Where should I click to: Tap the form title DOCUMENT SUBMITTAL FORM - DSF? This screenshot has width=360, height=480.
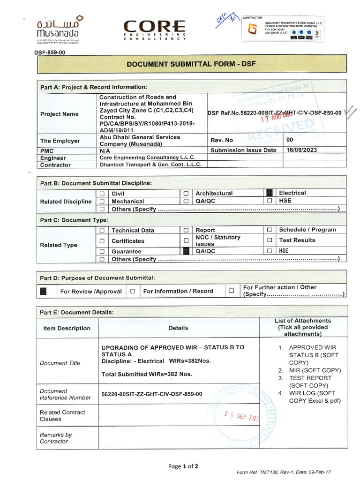(192, 64)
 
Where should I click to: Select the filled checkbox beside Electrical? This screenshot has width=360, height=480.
(270, 193)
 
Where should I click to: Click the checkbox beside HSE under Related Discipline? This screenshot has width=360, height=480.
(270, 201)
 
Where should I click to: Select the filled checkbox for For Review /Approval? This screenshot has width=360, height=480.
(44, 291)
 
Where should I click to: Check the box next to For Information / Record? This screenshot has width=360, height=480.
(133, 291)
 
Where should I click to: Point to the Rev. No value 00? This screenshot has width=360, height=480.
(290, 140)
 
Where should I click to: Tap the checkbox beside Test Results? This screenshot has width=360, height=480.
(270, 240)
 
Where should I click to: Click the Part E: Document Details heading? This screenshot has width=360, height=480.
(76, 312)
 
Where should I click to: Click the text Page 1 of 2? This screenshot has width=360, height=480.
(183, 466)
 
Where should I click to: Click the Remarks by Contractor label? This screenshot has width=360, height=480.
(56, 438)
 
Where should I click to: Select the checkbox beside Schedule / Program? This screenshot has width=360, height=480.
(270, 230)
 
